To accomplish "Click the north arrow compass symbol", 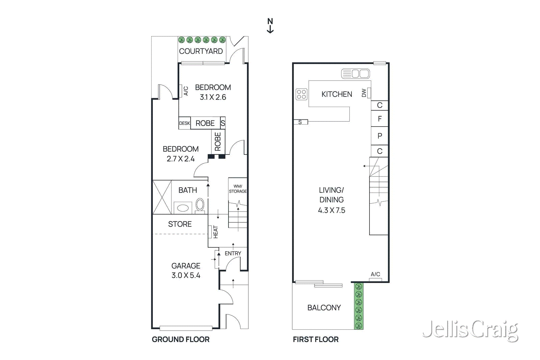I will click(x=270, y=26).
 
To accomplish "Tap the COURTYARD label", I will click(x=201, y=51).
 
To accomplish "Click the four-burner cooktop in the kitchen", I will click(x=301, y=94).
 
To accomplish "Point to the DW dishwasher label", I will click(x=364, y=93).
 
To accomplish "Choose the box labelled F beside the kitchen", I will click(x=380, y=119).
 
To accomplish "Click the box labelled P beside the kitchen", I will click(x=380, y=136).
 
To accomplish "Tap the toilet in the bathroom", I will click(x=200, y=205).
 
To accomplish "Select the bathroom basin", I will click(x=183, y=208).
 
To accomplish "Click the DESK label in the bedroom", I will click(x=184, y=123).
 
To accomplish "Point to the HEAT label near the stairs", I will click(x=216, y=232).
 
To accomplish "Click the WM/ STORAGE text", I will click(x=238, y=189).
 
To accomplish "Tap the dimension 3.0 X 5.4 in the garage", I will click(x=186, y=275).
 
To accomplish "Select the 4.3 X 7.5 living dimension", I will click(x=331, y=210).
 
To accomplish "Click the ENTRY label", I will click(x=233, y=253).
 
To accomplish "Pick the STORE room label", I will click(x=180, y=224).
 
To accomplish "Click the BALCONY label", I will click(x=324, y=308).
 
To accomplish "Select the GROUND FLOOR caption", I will click(x=181, y=339).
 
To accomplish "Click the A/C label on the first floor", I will click(x=375, y=274).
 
